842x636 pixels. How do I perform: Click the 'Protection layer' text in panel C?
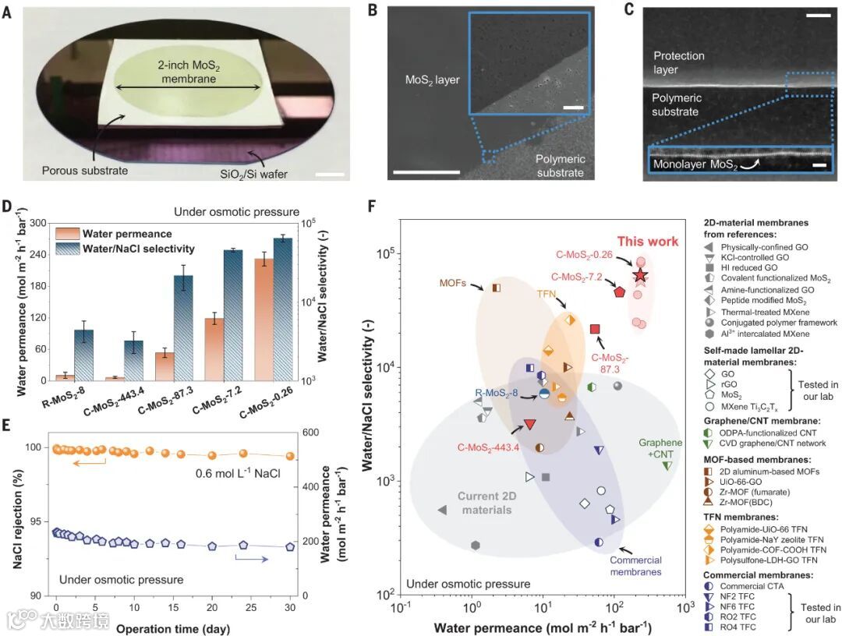pyautogui.click(x=678, y=62)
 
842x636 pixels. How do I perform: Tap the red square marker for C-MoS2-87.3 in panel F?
pyautogui.click(x=595, y=330)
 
